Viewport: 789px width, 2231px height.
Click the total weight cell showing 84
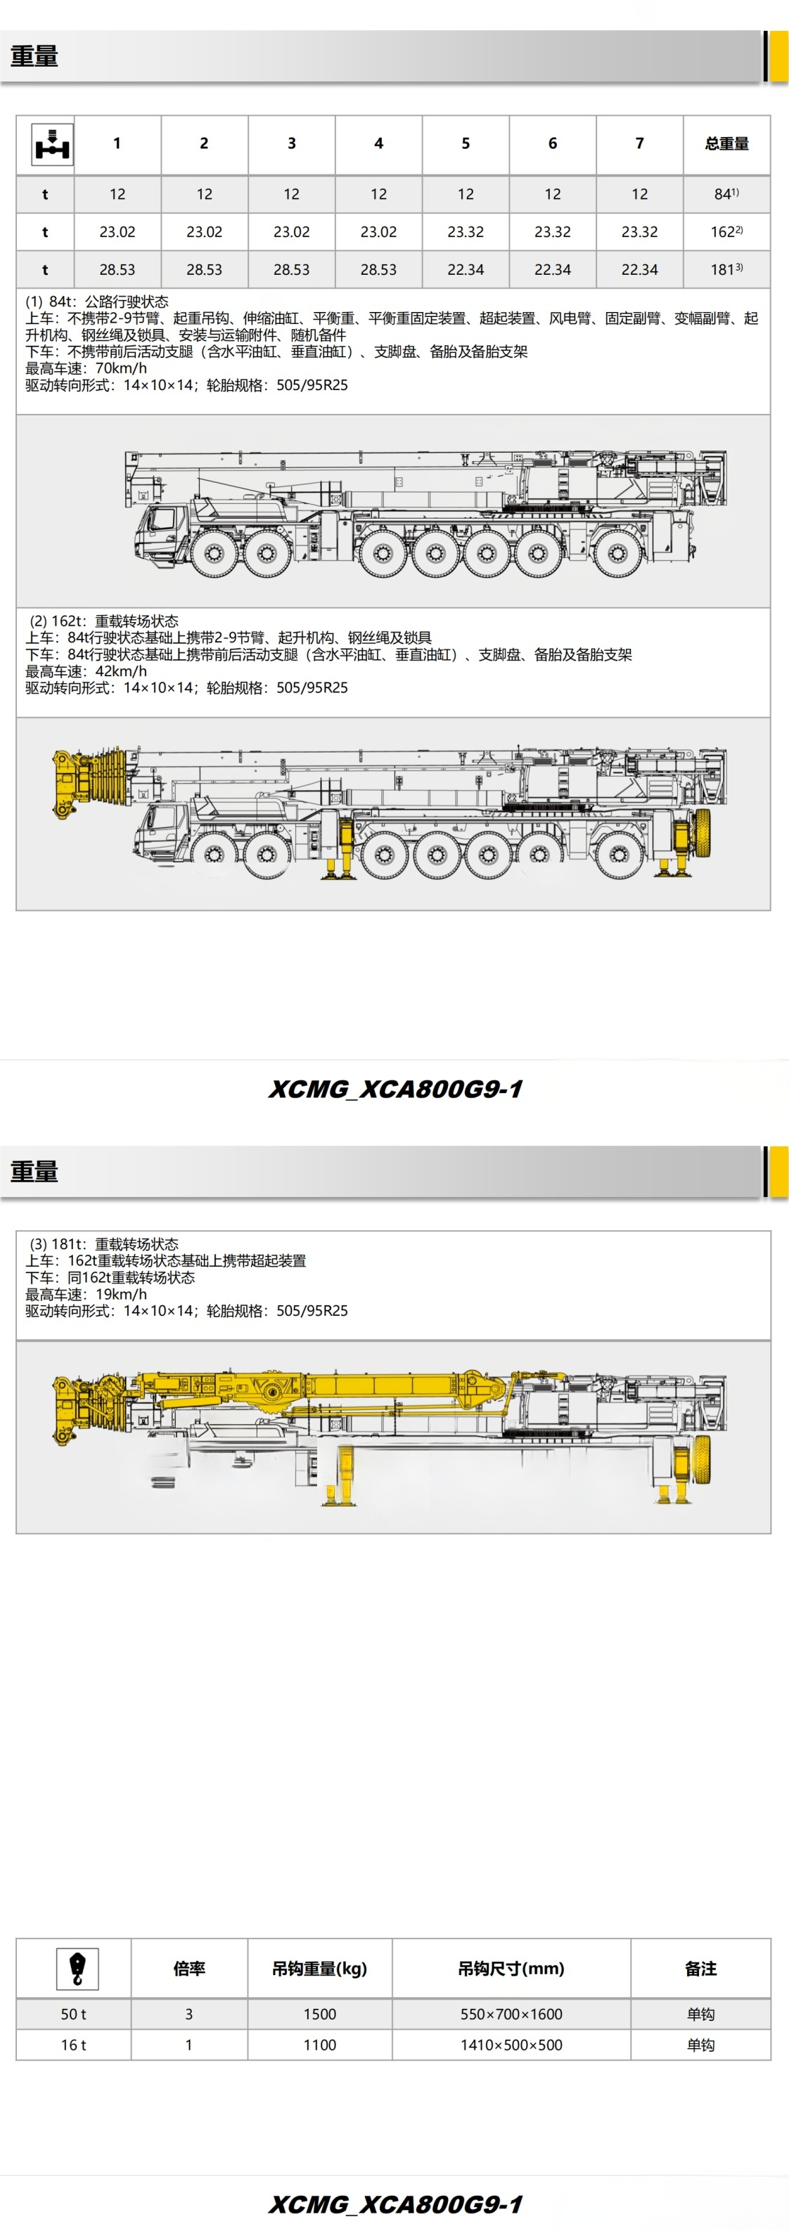pyautogui.click(x=726, y=194)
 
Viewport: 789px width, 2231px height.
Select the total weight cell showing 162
pyautogui.click(x=726, y=232)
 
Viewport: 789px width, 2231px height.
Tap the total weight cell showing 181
pyautogui.click(x=726, y=269)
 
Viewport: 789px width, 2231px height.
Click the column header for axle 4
pyautogui.click(x=378, y=144)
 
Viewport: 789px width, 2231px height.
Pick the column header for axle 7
pyautogui.click(x=639, y=144)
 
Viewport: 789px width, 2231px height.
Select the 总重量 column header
pyautogui.click(x=726, y=144)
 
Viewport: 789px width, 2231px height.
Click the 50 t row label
pyautogui.click(x=74, y=2015)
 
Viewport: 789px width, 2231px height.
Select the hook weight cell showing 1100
pyautogui.click(x=319, y=2045)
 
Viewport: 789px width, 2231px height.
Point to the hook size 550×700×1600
pyautogui.click(x=511, y=2015)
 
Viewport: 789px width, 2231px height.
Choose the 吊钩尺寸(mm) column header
pyautogui.click(x=511, y=1969)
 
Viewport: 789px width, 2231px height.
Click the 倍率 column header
pyautogui.click(x=188, y=1969)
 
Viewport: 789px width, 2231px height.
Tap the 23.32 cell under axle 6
pyautogui.click(x=553, y=232)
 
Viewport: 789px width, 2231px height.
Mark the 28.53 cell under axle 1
pyautogui.click(x=117, y=269)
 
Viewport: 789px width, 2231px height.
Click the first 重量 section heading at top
pyautogui.click(x=34, y=56)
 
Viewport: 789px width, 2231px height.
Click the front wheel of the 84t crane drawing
pyautogui.click(x=213, y=552)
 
